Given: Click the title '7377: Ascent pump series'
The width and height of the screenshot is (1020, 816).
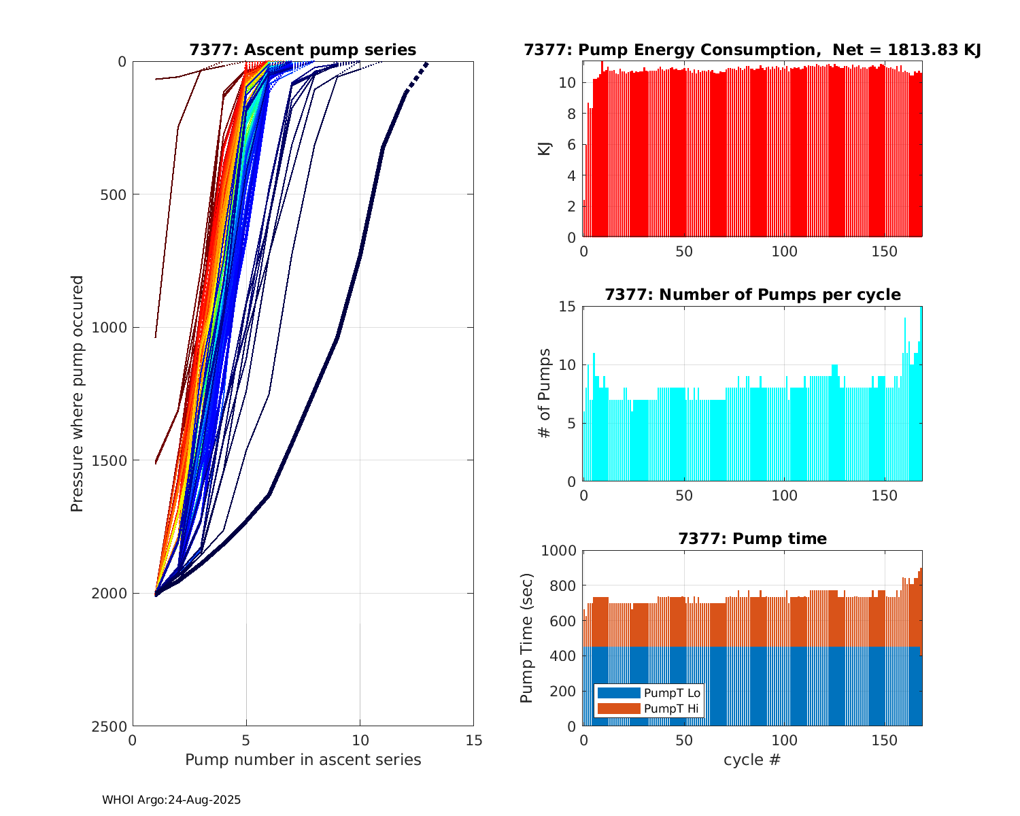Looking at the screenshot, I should [303, 50].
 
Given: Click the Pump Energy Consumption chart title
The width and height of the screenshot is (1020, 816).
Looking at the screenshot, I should [752, 50].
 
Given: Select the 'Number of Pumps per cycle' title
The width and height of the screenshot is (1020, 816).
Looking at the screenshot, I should [752, 294].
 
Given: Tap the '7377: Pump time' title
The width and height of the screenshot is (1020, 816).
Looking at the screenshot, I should [752, 539].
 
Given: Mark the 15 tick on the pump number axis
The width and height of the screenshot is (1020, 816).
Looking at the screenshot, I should [474, 741].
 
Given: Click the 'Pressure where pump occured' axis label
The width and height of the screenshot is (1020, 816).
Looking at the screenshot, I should [78, 393].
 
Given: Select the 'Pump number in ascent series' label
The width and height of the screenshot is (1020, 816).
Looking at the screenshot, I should [303, 760].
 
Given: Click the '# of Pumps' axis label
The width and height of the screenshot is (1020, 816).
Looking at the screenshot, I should [545, 393].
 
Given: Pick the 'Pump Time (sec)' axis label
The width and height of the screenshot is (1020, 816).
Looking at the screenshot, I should [527, 638].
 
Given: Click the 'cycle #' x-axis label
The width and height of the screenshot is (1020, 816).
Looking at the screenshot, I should [752, 760].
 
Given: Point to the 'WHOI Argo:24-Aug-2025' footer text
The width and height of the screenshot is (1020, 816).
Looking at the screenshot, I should [171, 800].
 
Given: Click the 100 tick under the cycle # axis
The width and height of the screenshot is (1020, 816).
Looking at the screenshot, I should [784, 741].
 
